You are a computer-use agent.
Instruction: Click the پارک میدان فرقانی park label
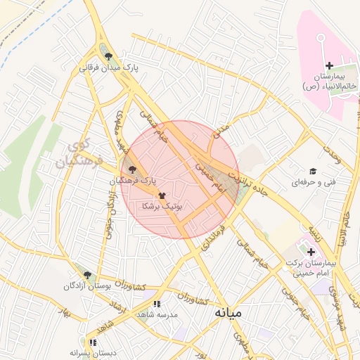[110, 67]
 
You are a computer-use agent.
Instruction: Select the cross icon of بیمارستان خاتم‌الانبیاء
[329, 65]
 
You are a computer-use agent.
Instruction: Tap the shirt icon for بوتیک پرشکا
[162, 195]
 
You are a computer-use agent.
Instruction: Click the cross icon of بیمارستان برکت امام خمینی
[311, 251]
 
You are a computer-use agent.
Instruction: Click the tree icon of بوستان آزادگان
[86, 275]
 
